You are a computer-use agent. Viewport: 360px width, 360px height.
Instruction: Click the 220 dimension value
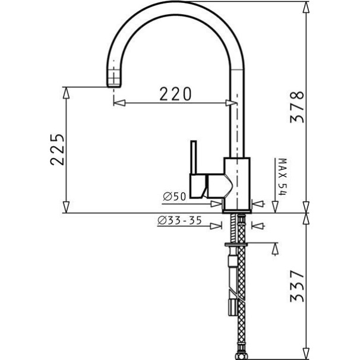(175, 94)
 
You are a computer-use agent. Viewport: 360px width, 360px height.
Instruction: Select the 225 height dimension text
(57, 149)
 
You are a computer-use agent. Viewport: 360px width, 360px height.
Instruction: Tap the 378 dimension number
(297, 107)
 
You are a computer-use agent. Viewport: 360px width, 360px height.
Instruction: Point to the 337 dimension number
(297, 286)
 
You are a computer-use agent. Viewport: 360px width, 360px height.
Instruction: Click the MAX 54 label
(283, 177)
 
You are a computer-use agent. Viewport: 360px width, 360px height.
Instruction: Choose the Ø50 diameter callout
(174, 197)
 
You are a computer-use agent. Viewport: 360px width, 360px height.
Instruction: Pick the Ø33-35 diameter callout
(179, 220)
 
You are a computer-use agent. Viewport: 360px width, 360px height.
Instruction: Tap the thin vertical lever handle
(194, 157)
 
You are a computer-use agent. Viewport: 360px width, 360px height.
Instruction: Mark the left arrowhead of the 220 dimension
(119, 103)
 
